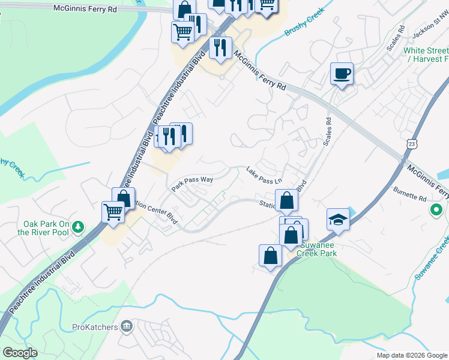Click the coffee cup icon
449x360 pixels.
point(342,74)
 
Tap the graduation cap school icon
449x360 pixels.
point(339,220)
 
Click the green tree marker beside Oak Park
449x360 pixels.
point(77,226)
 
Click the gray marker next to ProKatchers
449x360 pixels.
point(126,326)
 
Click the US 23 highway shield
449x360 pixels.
point(411,144)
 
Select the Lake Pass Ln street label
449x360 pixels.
point(264,176)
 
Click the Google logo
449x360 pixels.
point(20,353)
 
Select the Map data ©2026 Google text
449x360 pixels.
point(411,355)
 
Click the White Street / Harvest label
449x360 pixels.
point(426,55)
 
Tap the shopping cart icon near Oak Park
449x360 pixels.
point(113,212)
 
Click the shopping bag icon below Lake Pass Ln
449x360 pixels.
point(287,200)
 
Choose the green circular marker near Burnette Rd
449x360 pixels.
point(436,211)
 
